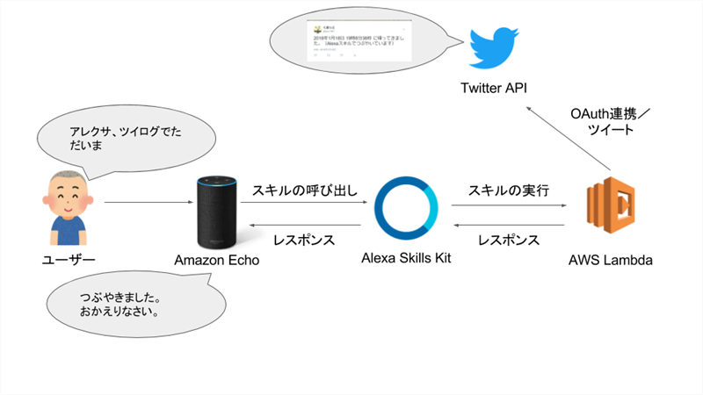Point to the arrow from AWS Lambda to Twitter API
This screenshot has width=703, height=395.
567,137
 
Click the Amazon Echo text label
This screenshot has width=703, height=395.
216,260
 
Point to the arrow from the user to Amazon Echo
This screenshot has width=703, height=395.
146,204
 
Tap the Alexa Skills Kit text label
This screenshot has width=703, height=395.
405,257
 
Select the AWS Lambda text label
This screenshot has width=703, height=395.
610,261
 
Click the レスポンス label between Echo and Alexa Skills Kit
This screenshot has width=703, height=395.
303,239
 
